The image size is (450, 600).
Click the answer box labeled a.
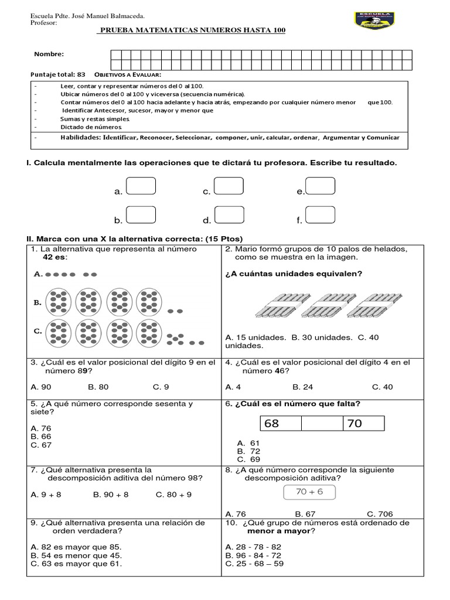(x=141, y=186)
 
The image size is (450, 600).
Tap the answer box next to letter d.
(x=230, y=216)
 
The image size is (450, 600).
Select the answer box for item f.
(x=321, y=216)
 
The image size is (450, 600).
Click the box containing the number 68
(x=279, y=424)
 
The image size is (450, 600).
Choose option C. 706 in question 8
(x=380, y=513)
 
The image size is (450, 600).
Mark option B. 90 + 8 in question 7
(x=111, y=495)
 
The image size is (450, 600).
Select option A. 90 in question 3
(x=41, y=387)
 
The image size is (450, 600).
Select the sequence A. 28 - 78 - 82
(x=253, y=546)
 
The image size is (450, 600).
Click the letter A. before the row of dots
(x=38, y=274)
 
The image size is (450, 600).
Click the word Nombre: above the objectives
(x=49, y=54)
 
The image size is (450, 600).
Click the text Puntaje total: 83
(x=57, y=74)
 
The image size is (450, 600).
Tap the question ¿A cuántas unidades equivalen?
(x=294, y=274)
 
